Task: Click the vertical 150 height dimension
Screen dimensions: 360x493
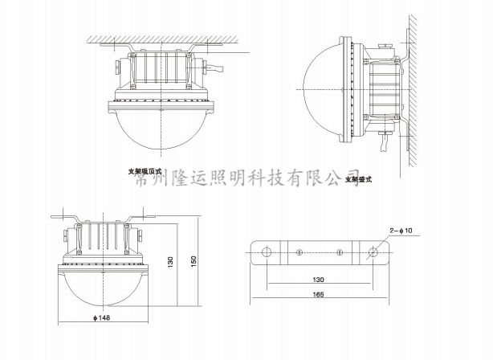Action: (193, 262)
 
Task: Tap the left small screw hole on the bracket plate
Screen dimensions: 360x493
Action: (299, 252)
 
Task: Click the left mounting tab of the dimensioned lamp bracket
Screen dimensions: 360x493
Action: (64, 216)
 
